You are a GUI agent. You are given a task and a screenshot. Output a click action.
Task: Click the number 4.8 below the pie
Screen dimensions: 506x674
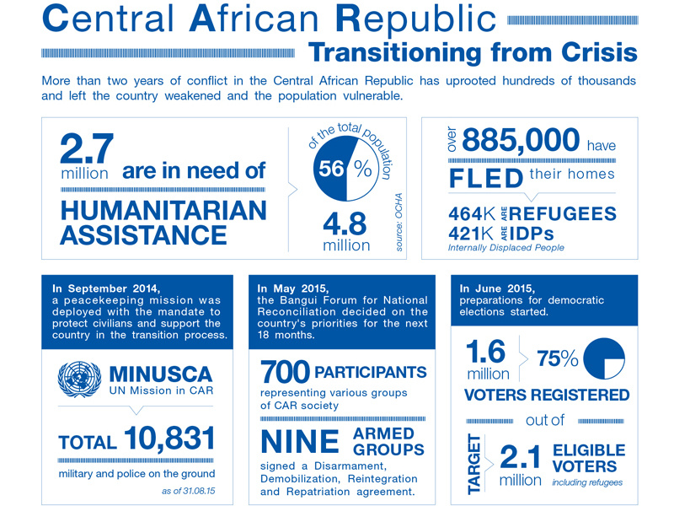click(346, 224)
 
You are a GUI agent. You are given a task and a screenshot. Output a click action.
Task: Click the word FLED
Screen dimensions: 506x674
click(485, 178)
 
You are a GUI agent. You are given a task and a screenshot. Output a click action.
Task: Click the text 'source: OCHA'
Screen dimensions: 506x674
click(399, 221)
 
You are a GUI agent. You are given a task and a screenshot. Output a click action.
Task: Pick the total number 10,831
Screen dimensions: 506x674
click(169, 439)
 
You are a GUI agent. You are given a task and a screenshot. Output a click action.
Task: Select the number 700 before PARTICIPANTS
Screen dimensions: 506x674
click(285, 372)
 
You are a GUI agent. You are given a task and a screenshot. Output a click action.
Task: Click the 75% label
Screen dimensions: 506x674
click(557, 358)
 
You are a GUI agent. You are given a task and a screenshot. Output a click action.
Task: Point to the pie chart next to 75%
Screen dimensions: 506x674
click(602, 358)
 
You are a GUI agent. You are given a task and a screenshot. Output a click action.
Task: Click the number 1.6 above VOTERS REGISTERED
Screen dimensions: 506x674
click(488, 351)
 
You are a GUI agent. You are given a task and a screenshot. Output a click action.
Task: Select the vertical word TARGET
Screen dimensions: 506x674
click(473, 463)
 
